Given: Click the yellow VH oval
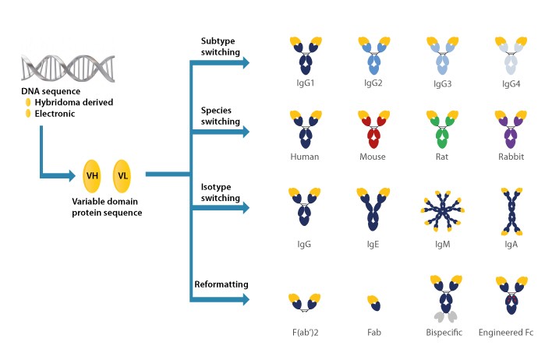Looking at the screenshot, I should [94, 176].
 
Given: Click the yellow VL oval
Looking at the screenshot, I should [122, 176].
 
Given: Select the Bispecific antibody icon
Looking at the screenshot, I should [442, 298].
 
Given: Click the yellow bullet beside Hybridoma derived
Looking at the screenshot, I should [29, 102].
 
